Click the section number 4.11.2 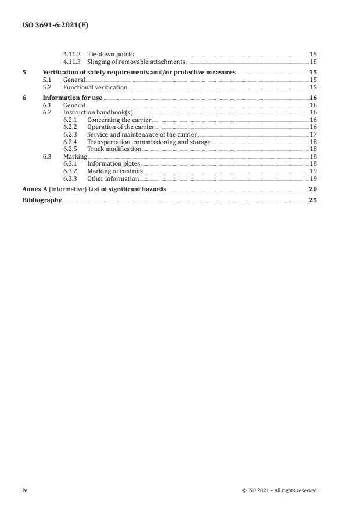[x=71, y=55]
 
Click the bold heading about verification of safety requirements [x=139, y=72]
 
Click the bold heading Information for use [x=73, y=98]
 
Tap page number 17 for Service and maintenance [x=312, y=134]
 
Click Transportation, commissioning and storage [x=149, y=141]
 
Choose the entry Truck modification [x=114, y=149]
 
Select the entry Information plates [x=114, y=164]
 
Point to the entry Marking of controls [x=114, y=171]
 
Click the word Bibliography [x=42, y=200]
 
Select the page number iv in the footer [x=25, y=490]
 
